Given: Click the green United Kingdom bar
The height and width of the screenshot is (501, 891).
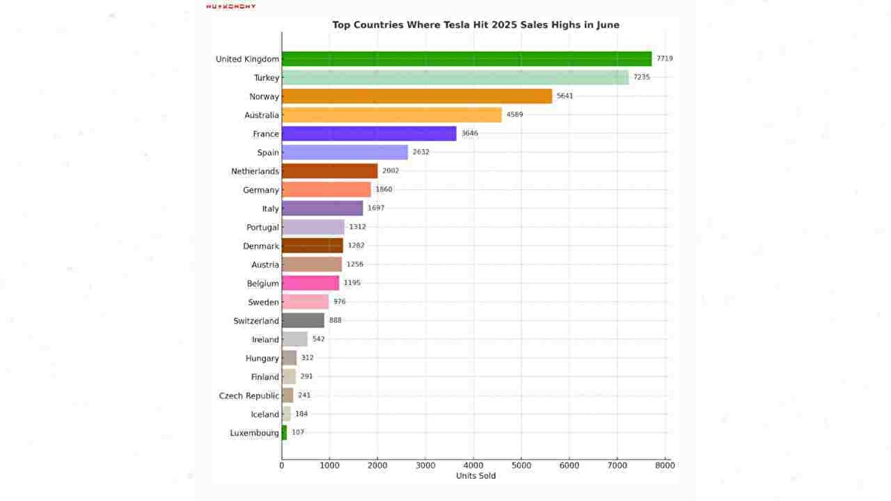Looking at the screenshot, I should pos(466,59).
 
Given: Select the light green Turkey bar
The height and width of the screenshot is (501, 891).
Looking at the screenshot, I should pos(455,77).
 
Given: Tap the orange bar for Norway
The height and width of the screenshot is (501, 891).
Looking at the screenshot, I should pos(417,96).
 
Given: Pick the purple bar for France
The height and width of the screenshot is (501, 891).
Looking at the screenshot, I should pos(369,134).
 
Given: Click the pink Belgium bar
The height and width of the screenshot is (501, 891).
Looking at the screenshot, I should pos(310,283).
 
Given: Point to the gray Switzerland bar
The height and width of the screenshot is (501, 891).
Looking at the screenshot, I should pos(303,321).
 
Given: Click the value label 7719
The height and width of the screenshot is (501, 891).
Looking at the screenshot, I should pos(665,59).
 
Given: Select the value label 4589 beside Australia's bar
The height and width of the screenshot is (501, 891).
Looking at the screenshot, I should pos(516,115).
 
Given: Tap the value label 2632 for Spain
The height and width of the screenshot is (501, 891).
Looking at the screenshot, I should pos(421,152).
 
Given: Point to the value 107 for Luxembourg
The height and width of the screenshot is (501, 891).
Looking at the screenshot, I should pos(298,433).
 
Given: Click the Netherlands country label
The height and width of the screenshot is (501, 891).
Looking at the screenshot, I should pos(255,171).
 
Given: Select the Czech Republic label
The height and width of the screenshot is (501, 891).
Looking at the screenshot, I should pos(249,396).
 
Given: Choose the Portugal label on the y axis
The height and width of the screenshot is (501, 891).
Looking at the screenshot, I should pos(263,227).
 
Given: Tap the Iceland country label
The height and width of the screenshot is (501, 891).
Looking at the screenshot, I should pos(264,414).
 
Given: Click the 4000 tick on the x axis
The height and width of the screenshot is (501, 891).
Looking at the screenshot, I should pos(474,465).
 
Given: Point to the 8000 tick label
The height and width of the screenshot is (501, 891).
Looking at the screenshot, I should pos(665,465).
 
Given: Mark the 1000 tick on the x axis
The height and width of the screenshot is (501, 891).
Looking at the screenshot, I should pos(330,465).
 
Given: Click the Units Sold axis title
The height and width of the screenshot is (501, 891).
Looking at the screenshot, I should pos(475,476).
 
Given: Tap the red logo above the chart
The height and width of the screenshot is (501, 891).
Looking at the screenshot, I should pos(231,6).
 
